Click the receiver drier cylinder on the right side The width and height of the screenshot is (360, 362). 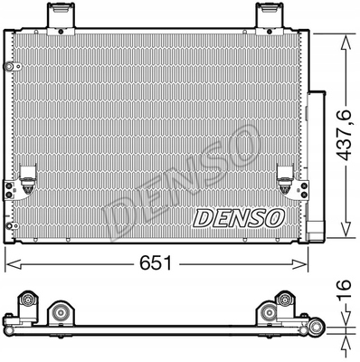tap(318, 158)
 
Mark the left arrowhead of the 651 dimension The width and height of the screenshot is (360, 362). tap(11, 262)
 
